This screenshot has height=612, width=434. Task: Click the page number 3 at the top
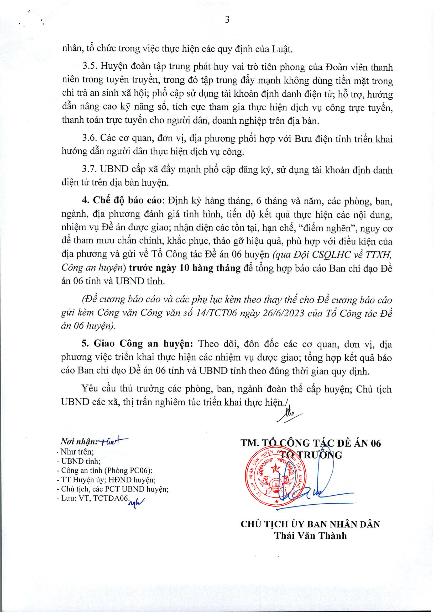coord(227,20)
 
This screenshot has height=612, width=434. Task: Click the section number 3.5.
coord(90,67)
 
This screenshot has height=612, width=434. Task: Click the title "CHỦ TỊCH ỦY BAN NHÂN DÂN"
coord(310,524)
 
